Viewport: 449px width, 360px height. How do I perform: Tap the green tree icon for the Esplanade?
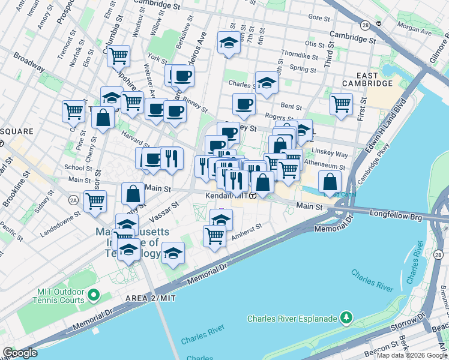click(346, 316)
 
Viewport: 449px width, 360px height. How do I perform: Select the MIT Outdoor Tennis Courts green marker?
click(93, 295)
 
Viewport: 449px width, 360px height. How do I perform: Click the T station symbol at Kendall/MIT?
click(253, 196)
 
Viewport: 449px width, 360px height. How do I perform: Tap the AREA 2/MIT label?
click(150, 298)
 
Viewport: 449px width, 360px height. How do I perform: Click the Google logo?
click(19, 353)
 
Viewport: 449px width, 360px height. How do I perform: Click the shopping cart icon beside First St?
click(341, 103)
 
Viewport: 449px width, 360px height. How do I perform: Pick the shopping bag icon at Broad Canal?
click(330, 181)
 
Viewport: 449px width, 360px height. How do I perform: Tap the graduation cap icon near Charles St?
click(267, 82)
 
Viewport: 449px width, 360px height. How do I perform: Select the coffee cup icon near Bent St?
click(244, 104)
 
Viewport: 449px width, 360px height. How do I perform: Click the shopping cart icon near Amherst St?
click(214, 235)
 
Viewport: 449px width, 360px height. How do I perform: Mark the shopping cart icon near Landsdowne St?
click(95, 201)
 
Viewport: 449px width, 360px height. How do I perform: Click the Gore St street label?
click(320, 19)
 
